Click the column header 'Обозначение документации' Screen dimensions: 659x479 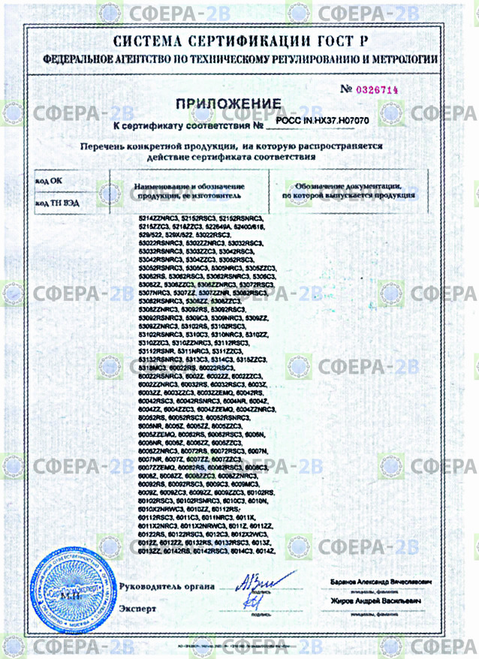click(347, 185)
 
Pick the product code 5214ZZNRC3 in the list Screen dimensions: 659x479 click(159, 218)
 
